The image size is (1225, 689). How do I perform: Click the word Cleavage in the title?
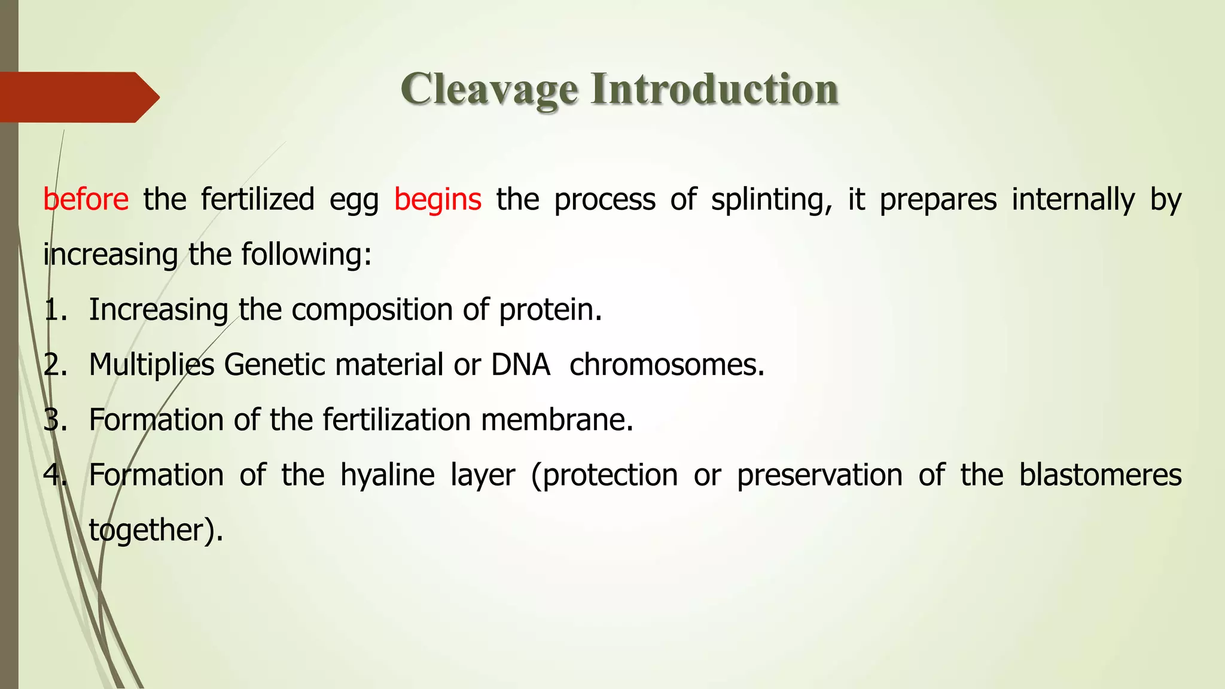point(489,90)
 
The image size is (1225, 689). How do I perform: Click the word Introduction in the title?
point(714,90)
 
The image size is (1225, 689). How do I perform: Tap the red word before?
point(86,199)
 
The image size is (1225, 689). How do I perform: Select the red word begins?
point(437,200)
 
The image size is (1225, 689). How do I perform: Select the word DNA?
point(520,365)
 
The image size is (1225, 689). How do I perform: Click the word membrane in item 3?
point(556,420)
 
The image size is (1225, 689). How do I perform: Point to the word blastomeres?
point(1100,475)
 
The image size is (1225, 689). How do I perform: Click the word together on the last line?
point(150,531)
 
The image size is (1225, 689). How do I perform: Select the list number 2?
point(54,365)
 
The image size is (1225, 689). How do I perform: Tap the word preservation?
point(819,475)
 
